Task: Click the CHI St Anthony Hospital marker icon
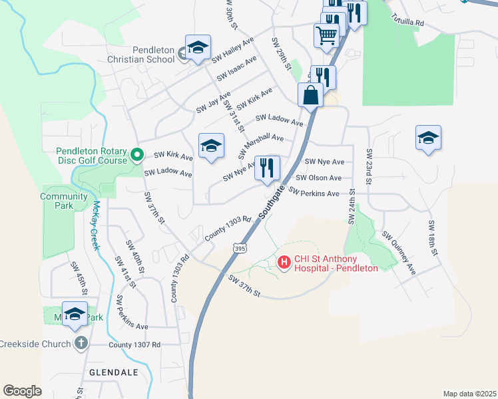[284, 263]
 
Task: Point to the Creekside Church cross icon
[81, 344]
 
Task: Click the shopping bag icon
[311, 96]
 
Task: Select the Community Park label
[64, 201]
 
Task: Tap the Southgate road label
[272, 202]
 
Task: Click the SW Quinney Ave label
[398, 253]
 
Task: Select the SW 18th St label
[432, 237]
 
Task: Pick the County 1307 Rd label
[135, 344]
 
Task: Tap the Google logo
[22, 391]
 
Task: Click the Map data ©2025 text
[469, 394]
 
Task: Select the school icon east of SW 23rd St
[428, 139]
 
